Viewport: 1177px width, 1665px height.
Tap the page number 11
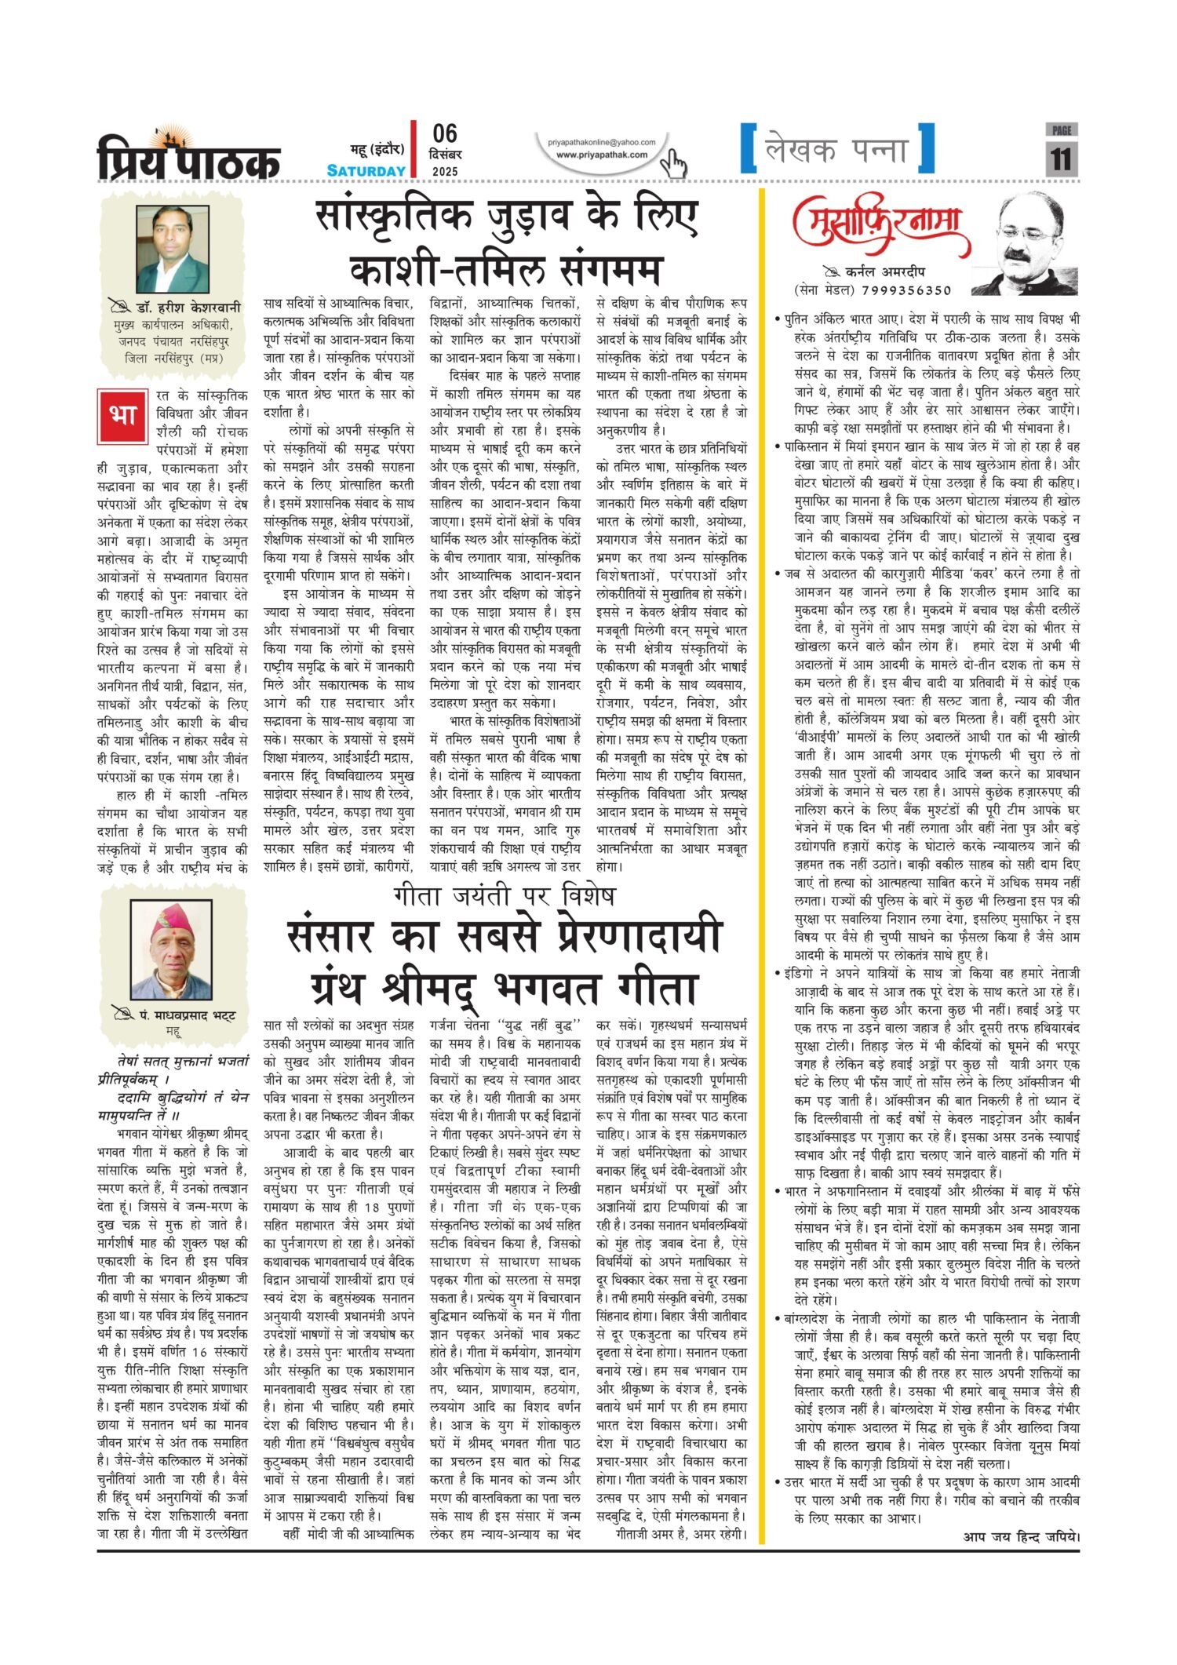(1061, 159)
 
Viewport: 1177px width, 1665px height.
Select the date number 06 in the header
(444, 134)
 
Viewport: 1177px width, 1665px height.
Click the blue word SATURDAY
(366, 171)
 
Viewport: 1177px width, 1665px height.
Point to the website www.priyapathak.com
(602, 155)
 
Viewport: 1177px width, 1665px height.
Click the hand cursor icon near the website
(672, 164)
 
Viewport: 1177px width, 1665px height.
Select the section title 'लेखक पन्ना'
(837, 150)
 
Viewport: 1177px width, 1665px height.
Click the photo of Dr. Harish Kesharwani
(173, 250)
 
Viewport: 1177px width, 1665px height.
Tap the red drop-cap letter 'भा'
(122, 414)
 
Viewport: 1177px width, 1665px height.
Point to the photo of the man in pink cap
(171, 949)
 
